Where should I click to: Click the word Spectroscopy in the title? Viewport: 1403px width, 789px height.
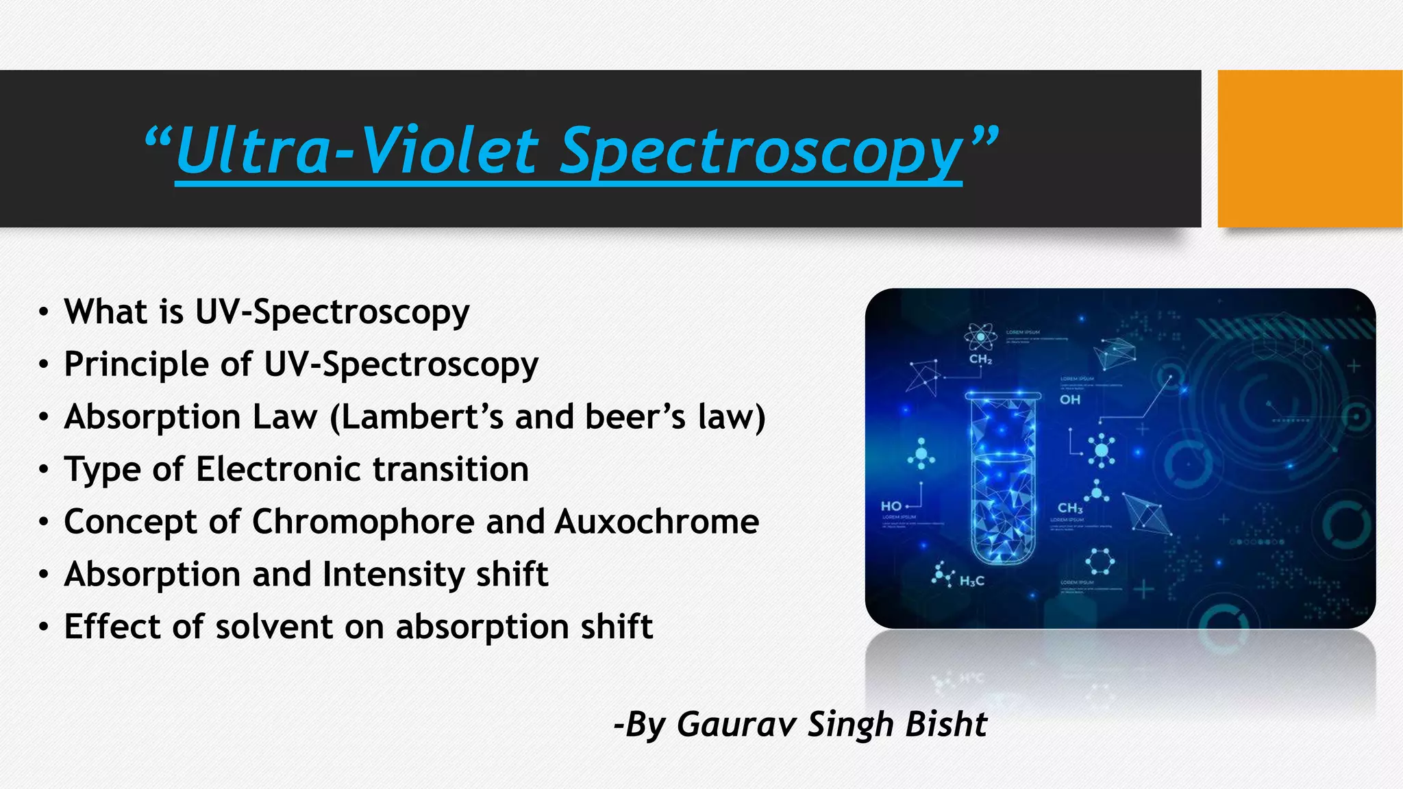click(760, 152)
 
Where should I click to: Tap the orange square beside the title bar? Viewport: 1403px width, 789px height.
click(1309, 149)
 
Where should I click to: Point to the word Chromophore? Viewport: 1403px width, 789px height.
click(363, 522)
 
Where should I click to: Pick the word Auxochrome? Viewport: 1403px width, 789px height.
click(656, 522)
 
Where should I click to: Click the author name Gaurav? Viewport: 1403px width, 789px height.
click(736, 725)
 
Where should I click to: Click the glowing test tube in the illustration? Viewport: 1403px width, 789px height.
click(1002, 479)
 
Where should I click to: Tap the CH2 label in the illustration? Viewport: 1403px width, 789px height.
click(980, 360)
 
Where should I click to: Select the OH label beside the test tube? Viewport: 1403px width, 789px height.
click(1070, 399)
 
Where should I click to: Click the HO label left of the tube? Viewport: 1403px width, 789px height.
click(891, 506)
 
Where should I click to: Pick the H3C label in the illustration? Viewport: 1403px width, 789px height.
click(971, 581)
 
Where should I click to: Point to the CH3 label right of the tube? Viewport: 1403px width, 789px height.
click(1070, 508)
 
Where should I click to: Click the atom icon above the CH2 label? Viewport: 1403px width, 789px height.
click(980, 336)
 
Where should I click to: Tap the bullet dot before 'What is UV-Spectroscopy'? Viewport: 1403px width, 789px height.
click(44, 313)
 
